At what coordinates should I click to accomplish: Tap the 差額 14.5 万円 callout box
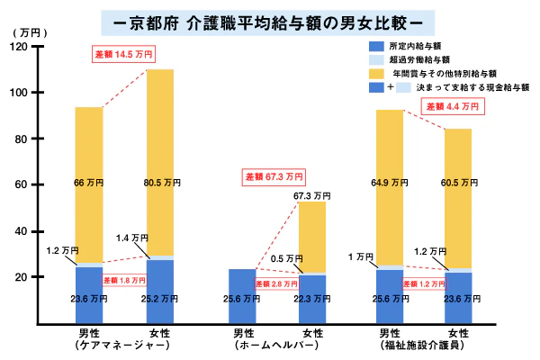[123, 54]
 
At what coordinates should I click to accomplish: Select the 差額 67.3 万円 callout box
[274, 177]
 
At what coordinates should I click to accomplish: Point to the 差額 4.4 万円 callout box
[454, 105]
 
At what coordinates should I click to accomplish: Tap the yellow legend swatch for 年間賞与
[376, 73]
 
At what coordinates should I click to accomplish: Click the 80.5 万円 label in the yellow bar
[159, 184]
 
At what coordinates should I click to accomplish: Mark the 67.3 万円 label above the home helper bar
[312, 195]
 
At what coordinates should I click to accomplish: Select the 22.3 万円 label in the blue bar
[312, 299]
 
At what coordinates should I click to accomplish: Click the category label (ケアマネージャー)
[123, 345]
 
